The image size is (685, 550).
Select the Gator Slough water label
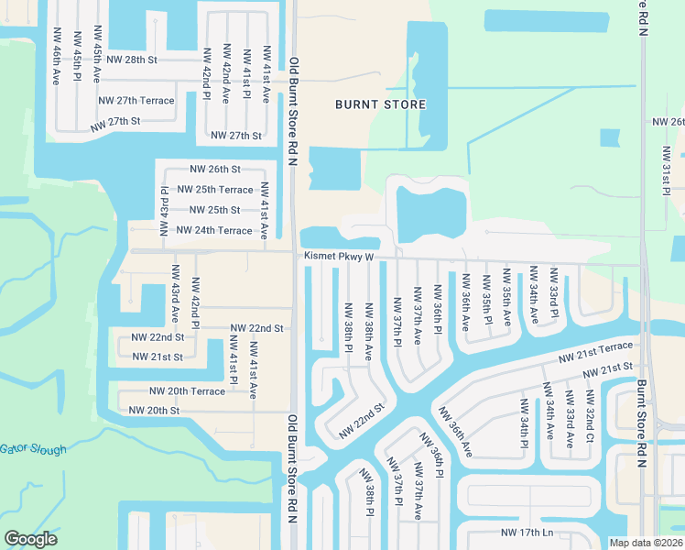[x=33, y=449]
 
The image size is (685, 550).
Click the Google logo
[x=31, y=539]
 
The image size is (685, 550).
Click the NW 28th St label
[x=132, y=59]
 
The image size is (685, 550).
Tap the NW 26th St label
[x=214, y=170]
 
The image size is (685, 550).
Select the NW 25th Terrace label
[x=214, y=190]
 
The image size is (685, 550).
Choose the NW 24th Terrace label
[x=213, y=231]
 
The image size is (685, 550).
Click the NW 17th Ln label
[x=527, y=533]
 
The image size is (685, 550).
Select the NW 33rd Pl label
[x=553, y=292]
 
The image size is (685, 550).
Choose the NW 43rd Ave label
[x=172, y=293]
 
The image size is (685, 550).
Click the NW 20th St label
[x=154, y=411]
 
